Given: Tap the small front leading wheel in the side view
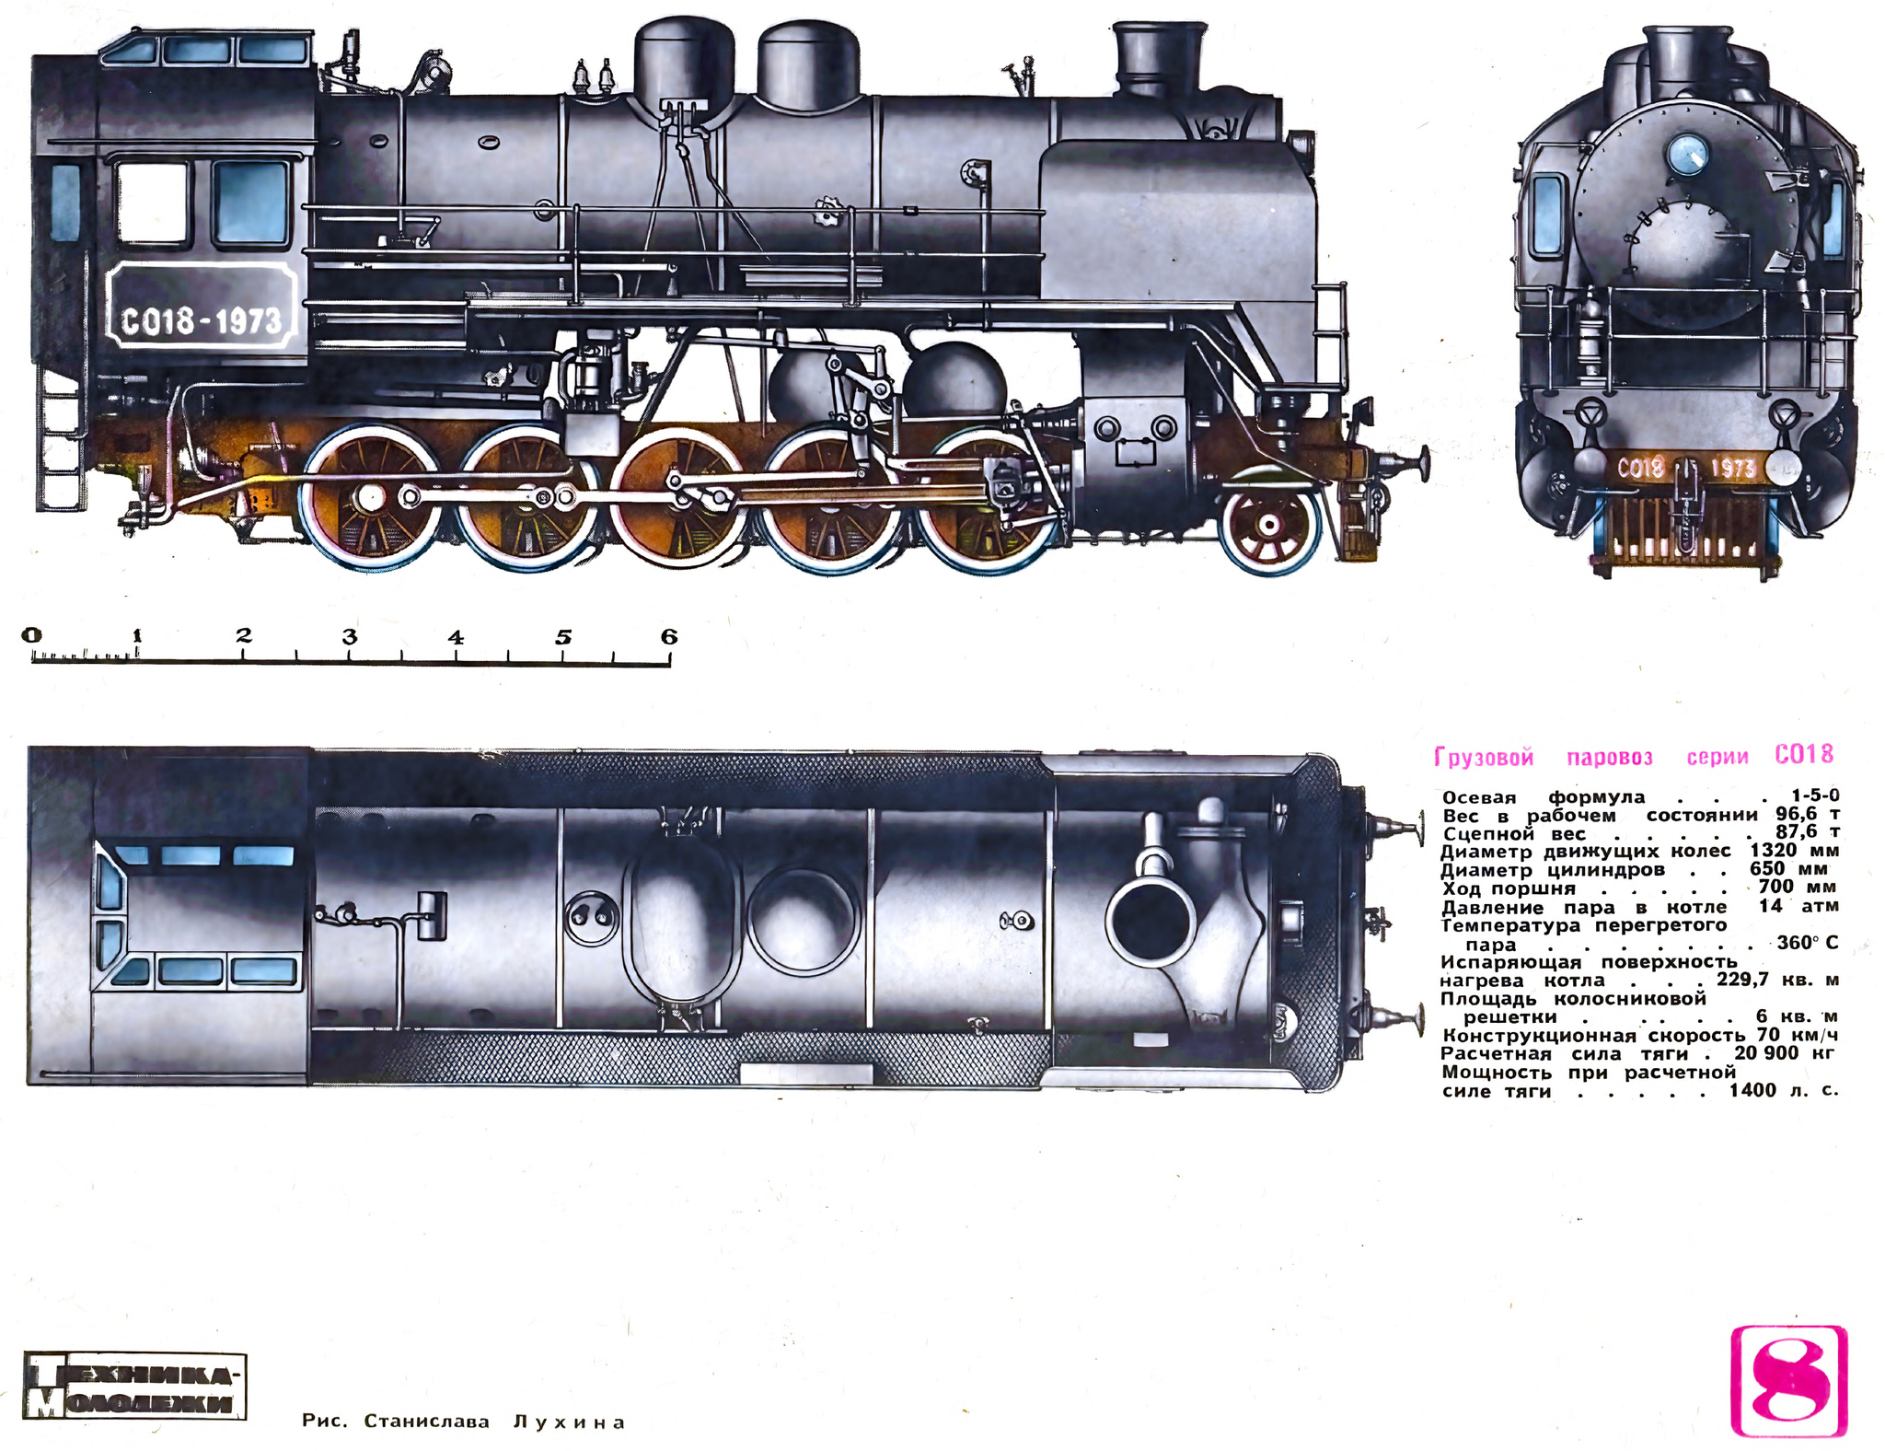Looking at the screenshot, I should pyautogui.click(x=1269, y=524).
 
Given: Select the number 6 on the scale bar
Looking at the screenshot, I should pyautogui.click(x=669, y=636).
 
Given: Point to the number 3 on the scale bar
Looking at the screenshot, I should pyautogui.click(x=350, y=636).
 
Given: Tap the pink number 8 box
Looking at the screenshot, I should pyautogui.click(x=1788, y=1380).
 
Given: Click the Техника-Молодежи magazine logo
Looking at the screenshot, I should pyautogui.click(x=134, y=1387).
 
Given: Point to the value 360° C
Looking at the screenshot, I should pyautogui.click(x=1807, y=943).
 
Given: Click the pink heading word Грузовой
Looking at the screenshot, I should pyautogui.click(x=1484, y=758).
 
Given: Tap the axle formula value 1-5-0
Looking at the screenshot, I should pyautogui.click(x=1815, y=795).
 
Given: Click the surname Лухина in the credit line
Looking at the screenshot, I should pyautogui.click(x=569, y=1422).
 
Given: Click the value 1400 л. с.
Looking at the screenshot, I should pyautogui.click(x=1783, y=1090).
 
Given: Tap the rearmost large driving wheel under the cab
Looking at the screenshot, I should pyautogui.click(x=370, y=498).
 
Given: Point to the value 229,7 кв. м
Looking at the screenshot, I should pyautogui.click(x=1777, y=979).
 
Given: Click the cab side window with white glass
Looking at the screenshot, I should pyautogui.click(x=152, y=203).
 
